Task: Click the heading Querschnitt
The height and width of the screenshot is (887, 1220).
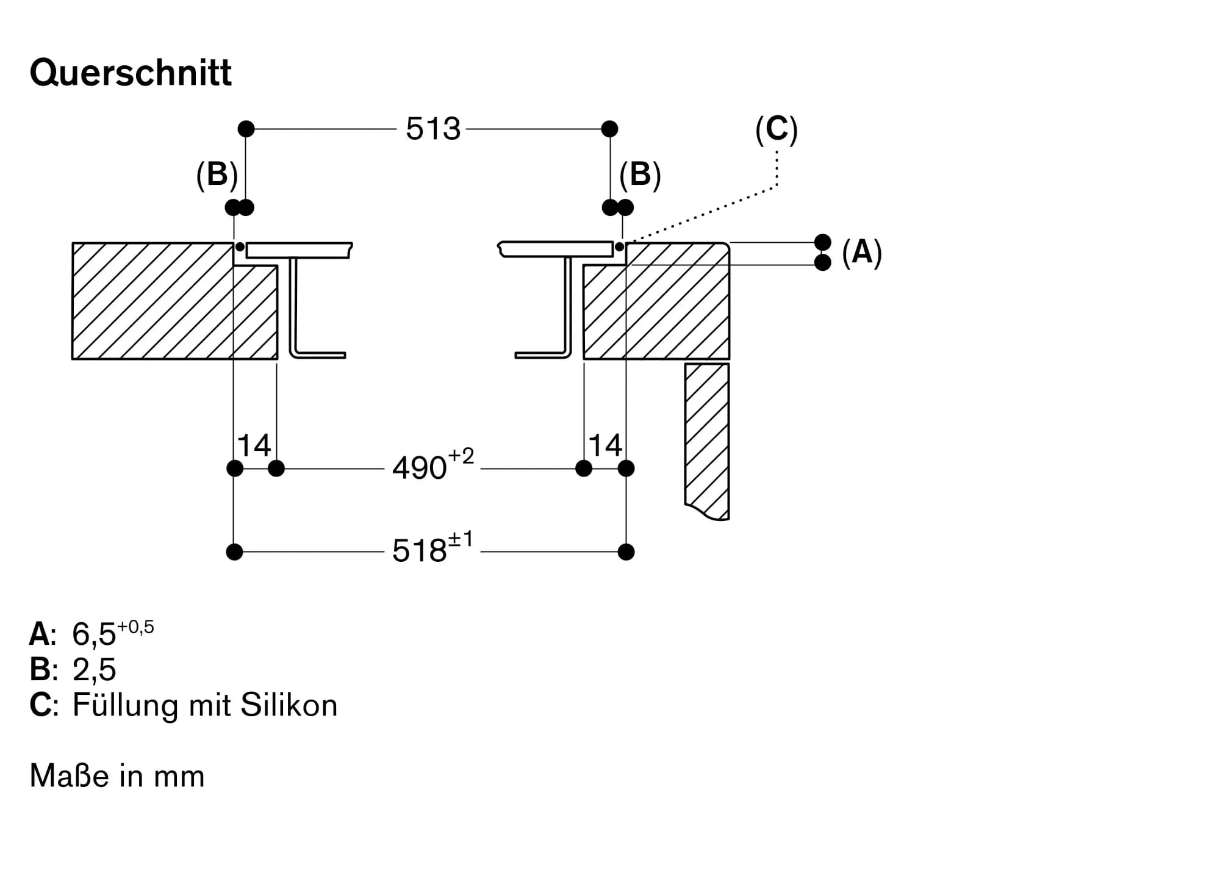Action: pyautogui.click(x=131, y=73)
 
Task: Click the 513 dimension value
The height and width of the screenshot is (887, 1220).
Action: pyautogui.click(x=433, y=129)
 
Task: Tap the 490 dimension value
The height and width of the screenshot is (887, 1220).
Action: pyautogui.click(x=420, y=469)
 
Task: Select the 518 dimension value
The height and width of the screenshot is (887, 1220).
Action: pyautogui.click(x=420, y=551)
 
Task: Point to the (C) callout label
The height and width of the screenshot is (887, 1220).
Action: pyautogui.click(x=776, y=129)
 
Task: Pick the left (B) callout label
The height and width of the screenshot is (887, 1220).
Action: pyautogui.click(x=217, y=175)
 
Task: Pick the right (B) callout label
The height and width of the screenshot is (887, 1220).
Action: pyautogui.click(x=640, y=175)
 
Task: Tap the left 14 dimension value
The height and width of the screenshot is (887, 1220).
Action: pyautogui.click(x=254, y=446)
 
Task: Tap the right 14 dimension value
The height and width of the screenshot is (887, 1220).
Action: pyautogui.click(x=605, y=446)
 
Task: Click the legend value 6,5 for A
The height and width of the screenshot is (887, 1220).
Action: pyautogui.click(x=94, y=634)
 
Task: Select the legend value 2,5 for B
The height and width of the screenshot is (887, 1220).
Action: pyautogui.click(x=94, y=670)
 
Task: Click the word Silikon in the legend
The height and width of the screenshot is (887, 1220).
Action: pyautogui.click(x=289, y=705)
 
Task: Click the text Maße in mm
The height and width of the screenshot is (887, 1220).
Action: pyautogui.click(x=117, y=777)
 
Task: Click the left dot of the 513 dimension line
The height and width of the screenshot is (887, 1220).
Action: pyautogui.click(x=246, y=129)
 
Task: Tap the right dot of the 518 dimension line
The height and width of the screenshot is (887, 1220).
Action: pyautogui.click(x=626, y=552)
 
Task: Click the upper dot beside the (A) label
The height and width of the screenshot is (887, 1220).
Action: pyautogui.click(x=823, y=242)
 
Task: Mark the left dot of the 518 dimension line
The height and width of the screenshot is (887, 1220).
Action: pyautogui.click(x=234, y=552)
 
